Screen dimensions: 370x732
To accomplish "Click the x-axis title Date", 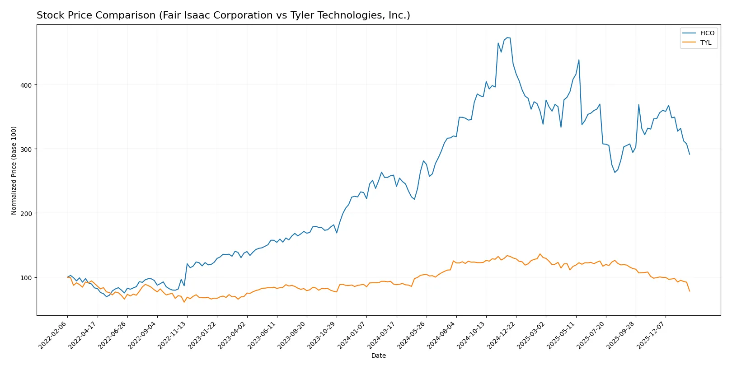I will click(379, 356).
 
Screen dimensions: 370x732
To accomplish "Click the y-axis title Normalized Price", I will click(14, 170).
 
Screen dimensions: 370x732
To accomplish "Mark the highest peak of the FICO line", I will click(507, 37).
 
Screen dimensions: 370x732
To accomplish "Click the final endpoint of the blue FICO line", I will click(690, 155).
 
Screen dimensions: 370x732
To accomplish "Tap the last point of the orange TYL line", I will click(690, 291).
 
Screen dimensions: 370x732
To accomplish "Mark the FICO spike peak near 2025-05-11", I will click(579, 60).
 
